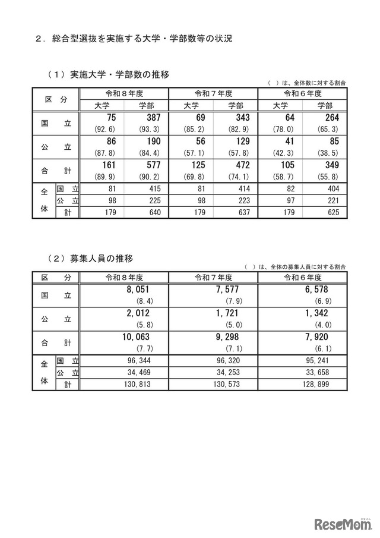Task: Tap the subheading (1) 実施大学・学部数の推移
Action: click(107, 75)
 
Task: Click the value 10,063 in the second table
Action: click(137, 336)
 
